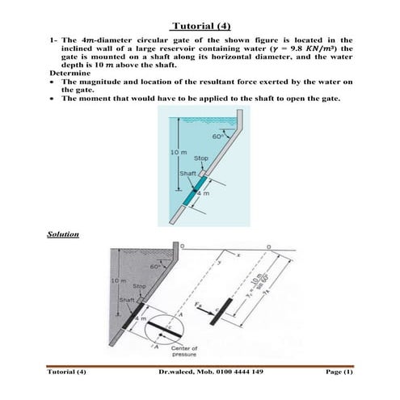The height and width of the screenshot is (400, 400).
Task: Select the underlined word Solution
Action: [62, 234]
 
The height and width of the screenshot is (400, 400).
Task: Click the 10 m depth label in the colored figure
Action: [179, 152]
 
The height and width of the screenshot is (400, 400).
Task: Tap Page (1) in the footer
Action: [338, 372]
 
